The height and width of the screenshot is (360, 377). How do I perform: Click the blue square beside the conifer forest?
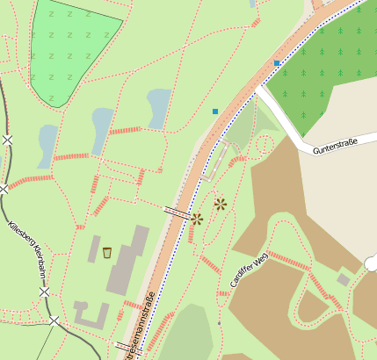[277, 63]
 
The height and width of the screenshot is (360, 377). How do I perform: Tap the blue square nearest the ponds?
[215, 112]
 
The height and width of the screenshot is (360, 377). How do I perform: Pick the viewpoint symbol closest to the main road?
[197, 219]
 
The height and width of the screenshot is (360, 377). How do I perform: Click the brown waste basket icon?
[107, 253]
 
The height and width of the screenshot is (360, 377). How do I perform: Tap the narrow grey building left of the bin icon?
[93, 248]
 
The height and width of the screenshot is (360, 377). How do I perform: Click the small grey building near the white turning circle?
[343, 279]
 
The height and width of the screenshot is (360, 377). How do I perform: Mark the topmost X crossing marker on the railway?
[8, 140]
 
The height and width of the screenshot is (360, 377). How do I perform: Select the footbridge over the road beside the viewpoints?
[177, 212]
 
